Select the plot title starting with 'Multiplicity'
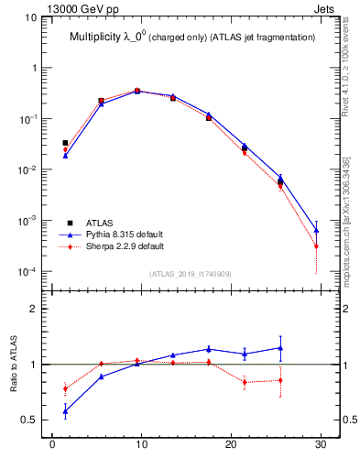(x=192, y=38)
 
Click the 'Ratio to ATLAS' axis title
(x=16, y=366)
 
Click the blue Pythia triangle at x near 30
(x=316, y=229)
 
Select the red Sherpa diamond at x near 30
(x=316, y=246)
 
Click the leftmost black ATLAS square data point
(x=65, y=143)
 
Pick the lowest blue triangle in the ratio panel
(x=65, y=411)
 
